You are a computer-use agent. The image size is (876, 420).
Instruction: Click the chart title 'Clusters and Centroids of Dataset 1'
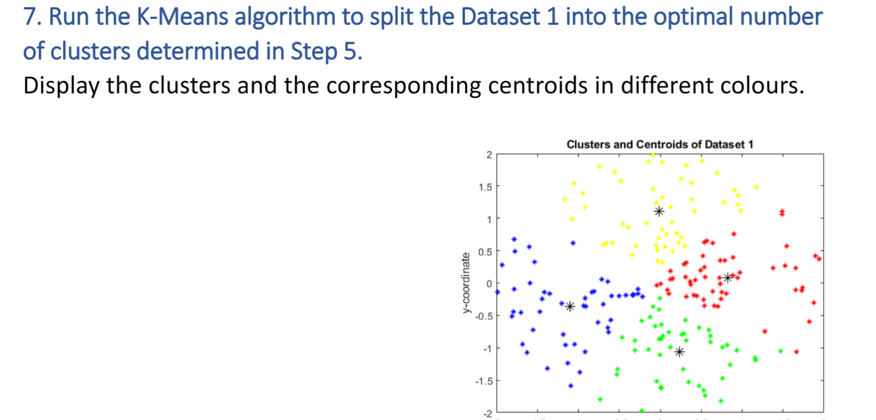(660, 144)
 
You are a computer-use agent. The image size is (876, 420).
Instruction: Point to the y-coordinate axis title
(467, 282)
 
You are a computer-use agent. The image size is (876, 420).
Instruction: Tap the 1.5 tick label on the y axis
(485, 187)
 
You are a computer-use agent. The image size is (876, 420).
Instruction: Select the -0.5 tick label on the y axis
(484, 316)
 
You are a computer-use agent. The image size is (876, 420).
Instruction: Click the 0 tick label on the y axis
(489, 283)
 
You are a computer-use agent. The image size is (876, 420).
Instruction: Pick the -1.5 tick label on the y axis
(484, 381)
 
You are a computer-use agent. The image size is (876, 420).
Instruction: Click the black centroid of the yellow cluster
(659, 211)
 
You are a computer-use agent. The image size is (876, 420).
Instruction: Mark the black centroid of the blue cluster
(570, 306)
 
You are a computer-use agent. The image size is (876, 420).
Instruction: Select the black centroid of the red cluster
(728, 278)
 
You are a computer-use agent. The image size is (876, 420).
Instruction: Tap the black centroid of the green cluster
(679, 352)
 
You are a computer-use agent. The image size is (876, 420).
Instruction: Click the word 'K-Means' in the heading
(182, 17)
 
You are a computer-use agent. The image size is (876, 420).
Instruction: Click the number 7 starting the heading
(30, 17)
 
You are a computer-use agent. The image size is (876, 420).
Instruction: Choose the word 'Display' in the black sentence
(61, 86)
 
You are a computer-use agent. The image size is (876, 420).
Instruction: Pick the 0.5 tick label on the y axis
(485, 252)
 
